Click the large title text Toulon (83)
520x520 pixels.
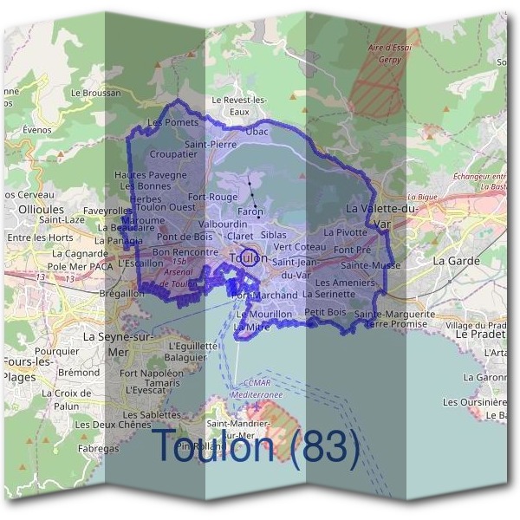256,447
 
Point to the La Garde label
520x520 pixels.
450,260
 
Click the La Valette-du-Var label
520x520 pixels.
381,217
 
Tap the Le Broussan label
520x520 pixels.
94,92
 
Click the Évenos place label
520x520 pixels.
37,130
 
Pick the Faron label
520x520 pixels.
250,212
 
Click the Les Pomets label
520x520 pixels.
173,123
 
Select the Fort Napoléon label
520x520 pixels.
152,373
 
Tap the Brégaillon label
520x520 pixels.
122,294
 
